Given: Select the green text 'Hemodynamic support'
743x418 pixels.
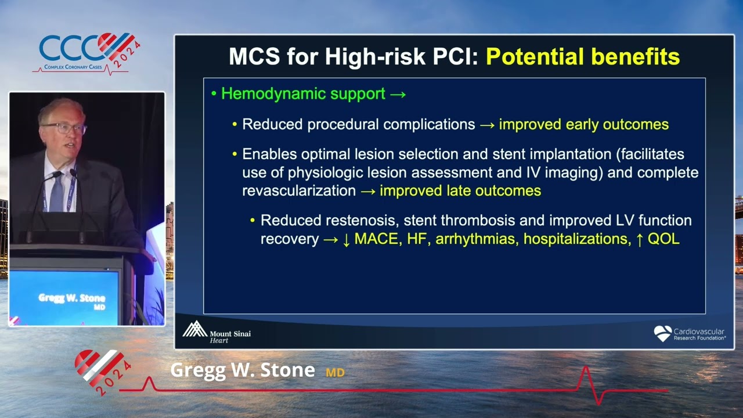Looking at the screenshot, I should (x=303, y=94).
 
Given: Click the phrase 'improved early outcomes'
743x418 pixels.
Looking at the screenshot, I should (x=583, y=124).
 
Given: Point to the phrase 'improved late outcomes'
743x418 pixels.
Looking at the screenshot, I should (x=460, y=190).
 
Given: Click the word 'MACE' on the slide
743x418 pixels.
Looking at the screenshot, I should (x=376, y=239).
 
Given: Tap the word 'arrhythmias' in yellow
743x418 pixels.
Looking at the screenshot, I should (x=476, y=239).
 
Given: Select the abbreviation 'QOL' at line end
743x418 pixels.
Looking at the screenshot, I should (x=663, y=239).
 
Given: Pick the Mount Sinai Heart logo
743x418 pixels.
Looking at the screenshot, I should (x=216, y=332).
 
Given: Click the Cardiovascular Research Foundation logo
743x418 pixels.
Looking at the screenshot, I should (x=690, y=334).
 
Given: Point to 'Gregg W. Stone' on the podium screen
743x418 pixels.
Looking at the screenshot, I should (x=71, y=298).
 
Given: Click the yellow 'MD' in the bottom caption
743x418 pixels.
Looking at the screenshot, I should (x=335, y=373).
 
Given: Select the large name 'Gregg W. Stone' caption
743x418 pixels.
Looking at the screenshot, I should (x=243, y=370).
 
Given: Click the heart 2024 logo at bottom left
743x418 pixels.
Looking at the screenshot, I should (x=102, y=371).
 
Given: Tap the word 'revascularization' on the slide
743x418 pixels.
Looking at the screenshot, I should (x=299, y=190).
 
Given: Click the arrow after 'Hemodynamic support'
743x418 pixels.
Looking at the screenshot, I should (x=398, y=94).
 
